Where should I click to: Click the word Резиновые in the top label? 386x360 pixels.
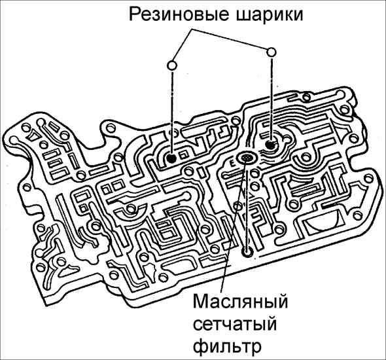[178, 15]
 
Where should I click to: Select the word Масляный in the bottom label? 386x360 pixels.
[240, 301]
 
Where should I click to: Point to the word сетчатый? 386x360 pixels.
[235, 324]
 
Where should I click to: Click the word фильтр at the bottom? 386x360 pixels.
[227, 347]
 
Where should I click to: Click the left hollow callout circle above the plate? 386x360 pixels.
[172, 65]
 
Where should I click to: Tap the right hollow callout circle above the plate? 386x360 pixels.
[272, 52]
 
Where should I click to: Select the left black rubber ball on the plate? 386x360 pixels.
[171, 158]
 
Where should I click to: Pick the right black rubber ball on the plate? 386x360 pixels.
[270, 145]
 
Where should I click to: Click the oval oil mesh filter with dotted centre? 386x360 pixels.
[247, 158]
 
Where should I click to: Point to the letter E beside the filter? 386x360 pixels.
[232, 163]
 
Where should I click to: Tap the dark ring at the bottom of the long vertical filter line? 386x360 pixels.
[247, 252]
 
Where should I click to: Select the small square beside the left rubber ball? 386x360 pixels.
[184, 155]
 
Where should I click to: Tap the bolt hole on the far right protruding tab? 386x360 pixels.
[368, 178]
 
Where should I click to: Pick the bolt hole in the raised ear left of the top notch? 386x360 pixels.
[110, 128]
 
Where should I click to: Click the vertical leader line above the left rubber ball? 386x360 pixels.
[171, 113]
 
